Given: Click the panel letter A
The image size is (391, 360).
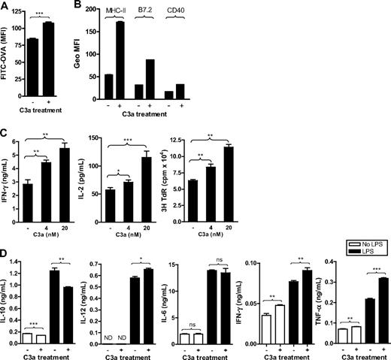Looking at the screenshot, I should click(5, 6).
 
